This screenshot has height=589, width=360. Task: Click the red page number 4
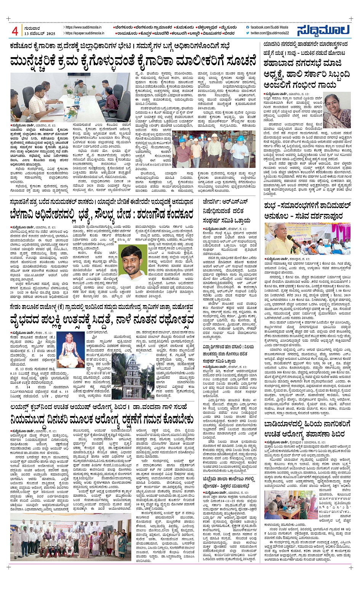pyautogui.click(x=15, y=31)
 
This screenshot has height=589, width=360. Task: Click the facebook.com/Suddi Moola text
pyautogui.click(x=269, y=27)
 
